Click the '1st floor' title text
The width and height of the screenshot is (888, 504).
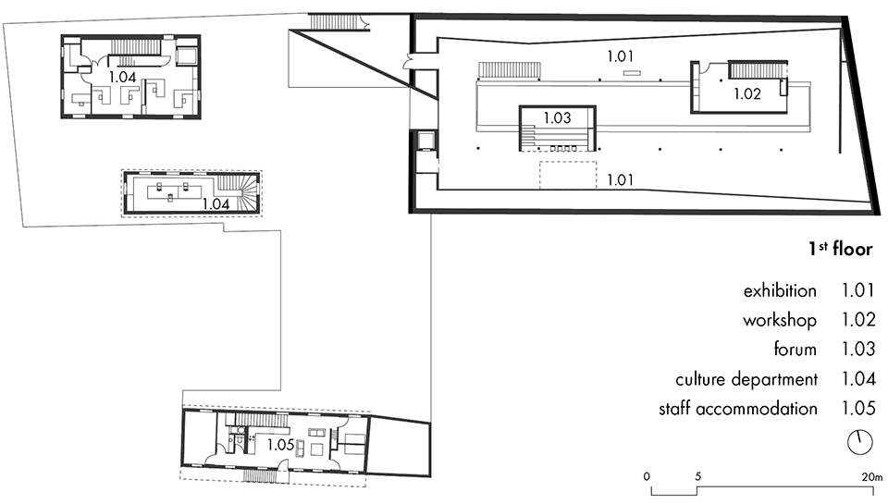841,249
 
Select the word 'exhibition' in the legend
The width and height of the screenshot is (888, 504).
780,290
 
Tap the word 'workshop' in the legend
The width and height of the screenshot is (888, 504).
780,320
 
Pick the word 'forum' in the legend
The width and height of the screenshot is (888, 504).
795,349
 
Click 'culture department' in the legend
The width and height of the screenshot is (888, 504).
746,379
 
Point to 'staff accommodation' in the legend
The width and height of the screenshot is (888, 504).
738,409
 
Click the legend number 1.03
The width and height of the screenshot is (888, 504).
858,349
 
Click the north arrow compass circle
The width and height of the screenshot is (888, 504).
859,442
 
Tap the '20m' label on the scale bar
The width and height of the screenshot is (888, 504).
872,477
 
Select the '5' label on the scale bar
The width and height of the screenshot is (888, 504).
697,477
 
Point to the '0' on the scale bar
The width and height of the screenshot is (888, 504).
647,477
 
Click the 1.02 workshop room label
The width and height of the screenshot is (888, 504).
747,93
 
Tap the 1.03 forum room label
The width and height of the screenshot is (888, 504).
557,117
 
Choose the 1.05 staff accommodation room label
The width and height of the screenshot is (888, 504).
281,445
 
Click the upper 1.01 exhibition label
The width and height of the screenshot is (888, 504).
620,56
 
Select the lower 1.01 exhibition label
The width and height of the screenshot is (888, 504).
620,179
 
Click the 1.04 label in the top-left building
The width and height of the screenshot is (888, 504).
122,77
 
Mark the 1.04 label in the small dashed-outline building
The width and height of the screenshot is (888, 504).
216,203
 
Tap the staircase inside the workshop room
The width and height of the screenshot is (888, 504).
758,70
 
